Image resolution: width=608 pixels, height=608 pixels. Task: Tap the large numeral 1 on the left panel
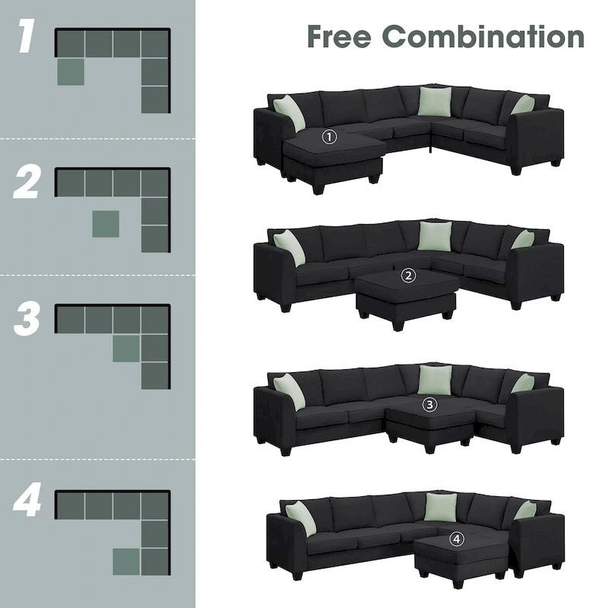coord(27,40)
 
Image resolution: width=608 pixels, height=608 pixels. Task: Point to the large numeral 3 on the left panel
coord(27,321)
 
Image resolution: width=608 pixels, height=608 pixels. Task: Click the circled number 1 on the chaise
coord(329,138)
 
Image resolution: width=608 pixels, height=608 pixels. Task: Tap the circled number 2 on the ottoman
coord(409,277)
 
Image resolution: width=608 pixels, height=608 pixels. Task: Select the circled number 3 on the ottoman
coord(430,404)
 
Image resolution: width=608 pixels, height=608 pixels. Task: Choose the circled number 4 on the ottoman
coord(456,539)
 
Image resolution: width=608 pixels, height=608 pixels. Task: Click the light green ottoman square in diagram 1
coord(71,71)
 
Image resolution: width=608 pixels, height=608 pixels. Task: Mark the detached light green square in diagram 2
coord(106,223)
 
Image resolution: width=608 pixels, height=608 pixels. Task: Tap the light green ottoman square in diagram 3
coord(126,348)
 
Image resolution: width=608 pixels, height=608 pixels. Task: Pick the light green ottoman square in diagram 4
coord(126,562)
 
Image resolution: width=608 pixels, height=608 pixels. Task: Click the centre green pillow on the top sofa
coord(435,102)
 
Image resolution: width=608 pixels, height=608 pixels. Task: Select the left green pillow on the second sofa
coord(289,247)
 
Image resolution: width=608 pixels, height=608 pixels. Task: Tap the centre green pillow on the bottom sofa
coord(439,507)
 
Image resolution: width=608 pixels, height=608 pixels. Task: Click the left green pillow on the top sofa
coord(289,112)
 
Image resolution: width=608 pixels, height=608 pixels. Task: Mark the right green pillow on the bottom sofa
coord(524,510)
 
